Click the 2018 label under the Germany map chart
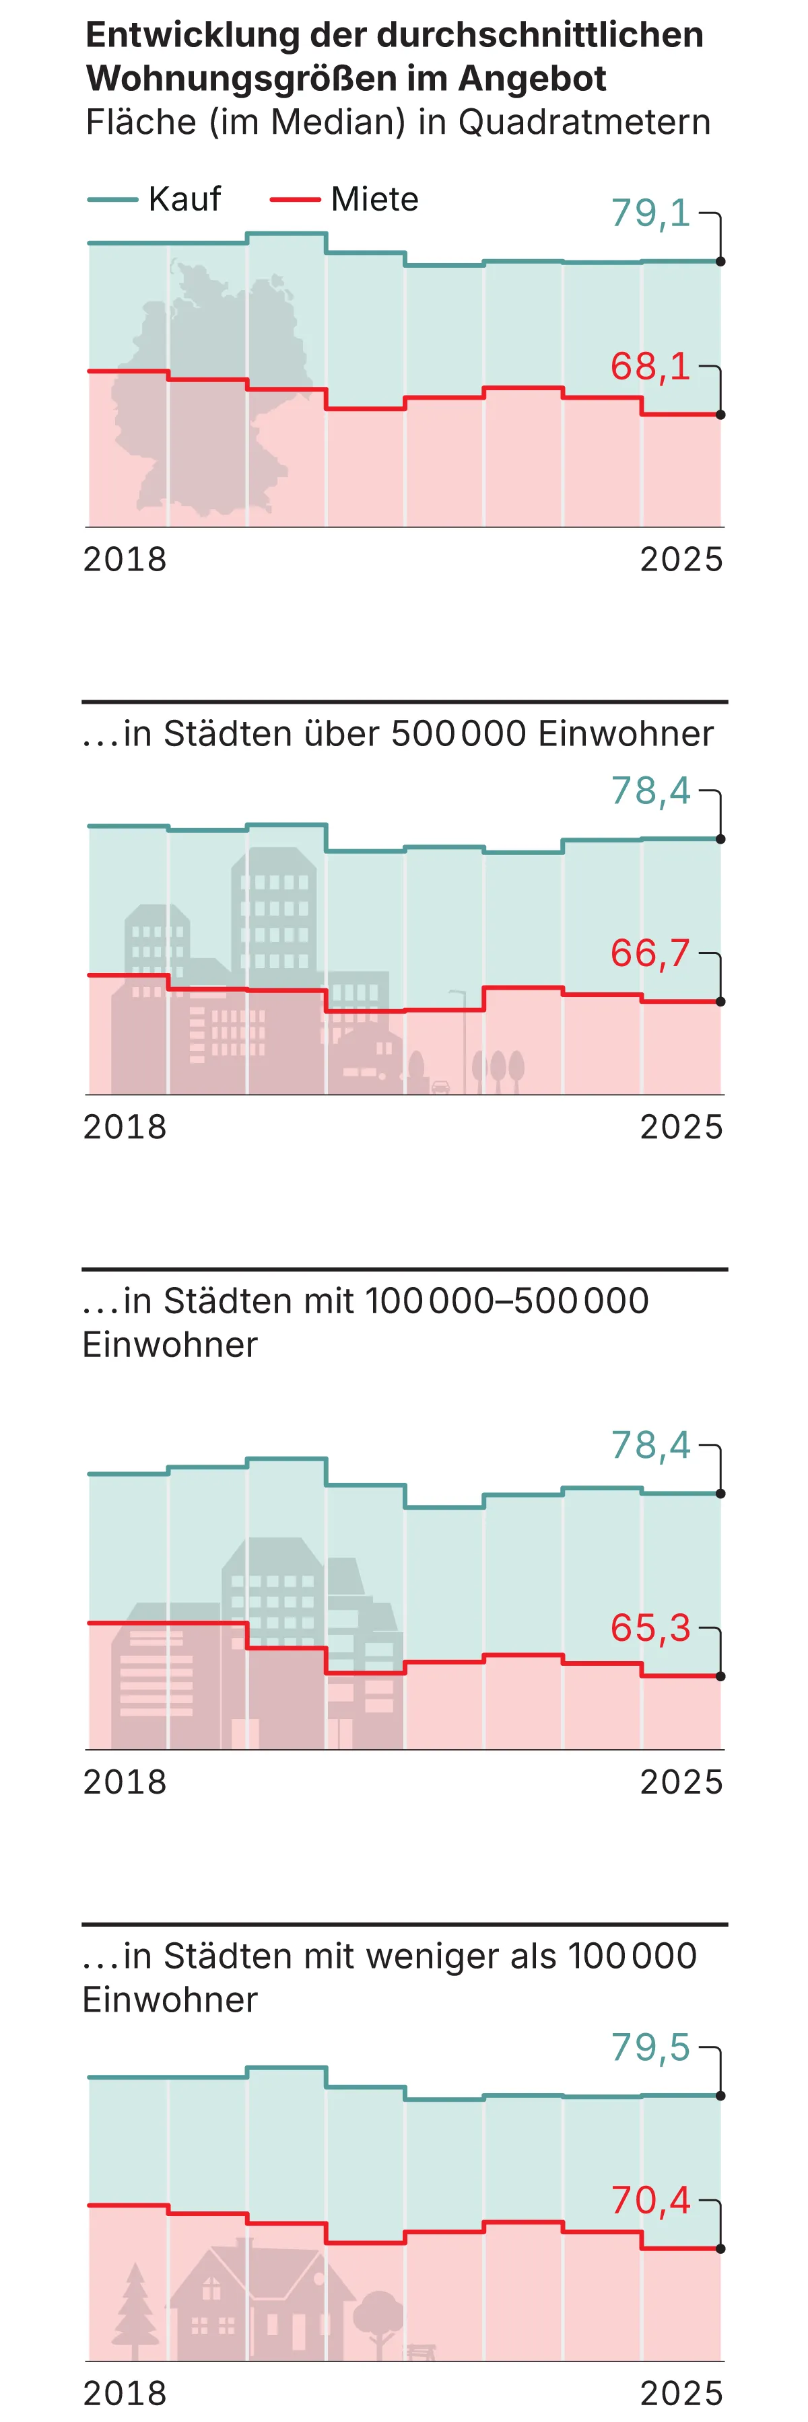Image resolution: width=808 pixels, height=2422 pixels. pyautogui.click(x=125, y=560)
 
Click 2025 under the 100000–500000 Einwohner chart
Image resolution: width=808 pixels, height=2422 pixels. pyautogui.click(x=681, y=1782)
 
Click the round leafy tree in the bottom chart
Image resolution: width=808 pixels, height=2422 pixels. pyautogui.click(x=378, y=2315)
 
